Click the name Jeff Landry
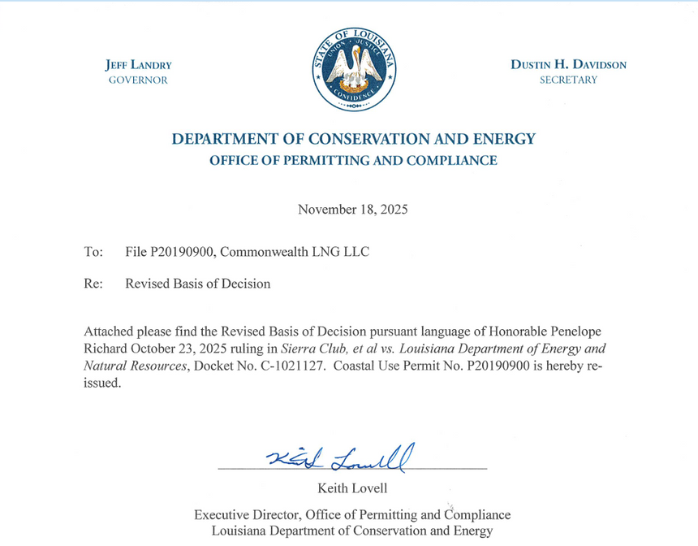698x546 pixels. (138, 65)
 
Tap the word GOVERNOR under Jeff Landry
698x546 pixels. (138, 80)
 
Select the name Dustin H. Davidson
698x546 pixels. (568, 65)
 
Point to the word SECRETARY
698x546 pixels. (568, 80)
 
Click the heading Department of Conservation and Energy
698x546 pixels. (353, 139)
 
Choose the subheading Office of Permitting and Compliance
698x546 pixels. (353, 161)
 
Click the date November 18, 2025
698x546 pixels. (352, 210)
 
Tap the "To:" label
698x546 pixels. (93, 252)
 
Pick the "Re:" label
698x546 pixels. (93, 284)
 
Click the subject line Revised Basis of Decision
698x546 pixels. (198, 284)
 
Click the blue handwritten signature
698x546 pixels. (342, 458)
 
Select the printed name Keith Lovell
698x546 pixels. (352, 487)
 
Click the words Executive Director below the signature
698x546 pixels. (240, 515)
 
